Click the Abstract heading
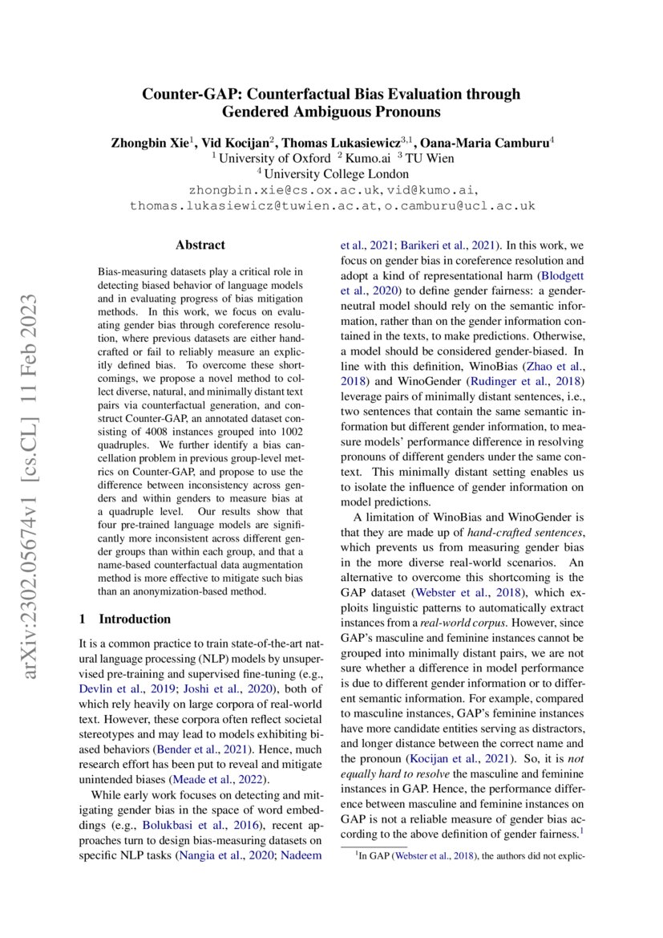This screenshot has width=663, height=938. point(200,246)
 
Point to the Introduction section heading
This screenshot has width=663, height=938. point(134,619)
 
